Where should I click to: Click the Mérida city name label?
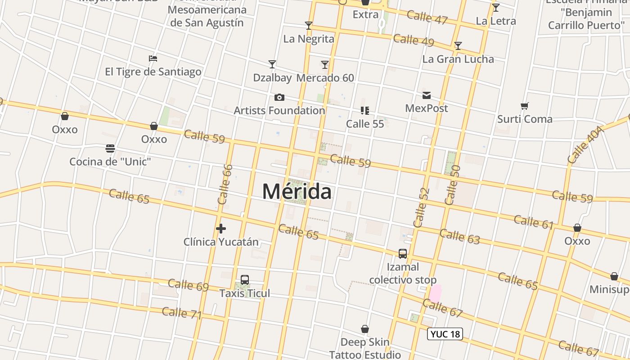click(x=297, y=191)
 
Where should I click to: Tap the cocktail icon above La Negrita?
click(x=309, y=26)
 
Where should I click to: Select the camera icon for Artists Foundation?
click(x=279, y=97)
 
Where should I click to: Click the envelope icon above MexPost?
click(x=427, y=95)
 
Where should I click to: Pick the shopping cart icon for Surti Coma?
click(x=525, y=106)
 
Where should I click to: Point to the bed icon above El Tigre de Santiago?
click(x=153, y=58)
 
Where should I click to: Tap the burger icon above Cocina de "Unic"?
click(x=110, y=148)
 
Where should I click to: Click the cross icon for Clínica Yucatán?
click(x=221, y=229)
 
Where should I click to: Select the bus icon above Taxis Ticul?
click(x=245, y=280)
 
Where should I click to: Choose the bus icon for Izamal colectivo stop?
click(x=403, y=254)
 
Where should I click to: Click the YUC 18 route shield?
click(x=445, y=334)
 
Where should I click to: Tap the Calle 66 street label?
click(x=225, y=184)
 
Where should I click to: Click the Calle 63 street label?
click(x=459, y=236)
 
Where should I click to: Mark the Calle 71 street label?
click(x=182, y=313)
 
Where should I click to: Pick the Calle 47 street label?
click(x=427, y=18)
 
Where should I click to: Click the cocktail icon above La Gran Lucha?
click(x=458, y=46)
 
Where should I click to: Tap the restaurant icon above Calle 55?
click(x=365, y=111)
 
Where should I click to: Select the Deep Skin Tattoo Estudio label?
click(x=365, y=348)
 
